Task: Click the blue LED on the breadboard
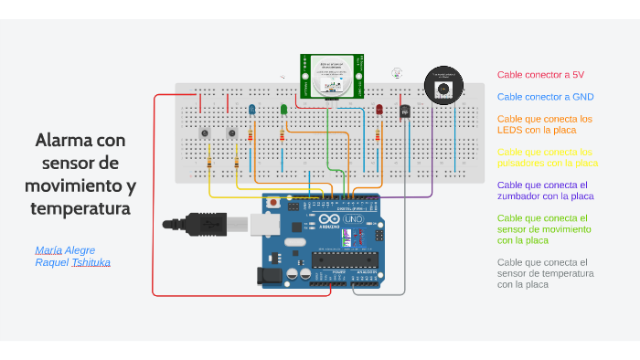(252, 110)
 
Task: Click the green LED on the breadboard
(283, 110)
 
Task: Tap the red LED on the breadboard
(379, 110)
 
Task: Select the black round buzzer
(443, 89)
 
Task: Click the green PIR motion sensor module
(331, 76)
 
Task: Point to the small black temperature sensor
(404, 111)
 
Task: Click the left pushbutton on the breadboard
(205, 134)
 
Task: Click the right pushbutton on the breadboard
(232, 134)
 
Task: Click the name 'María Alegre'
(65, 249)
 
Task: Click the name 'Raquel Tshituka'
(72, 262)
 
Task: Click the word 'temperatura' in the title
(80, 209)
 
